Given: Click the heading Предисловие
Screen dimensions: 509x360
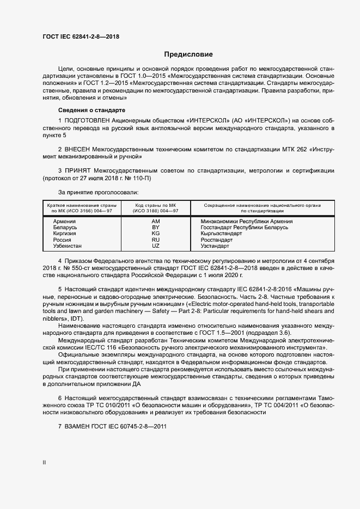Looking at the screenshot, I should click(188, 54).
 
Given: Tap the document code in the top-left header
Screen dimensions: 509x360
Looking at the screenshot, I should click(81, 37).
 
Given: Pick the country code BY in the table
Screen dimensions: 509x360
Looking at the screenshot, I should click(156, 228).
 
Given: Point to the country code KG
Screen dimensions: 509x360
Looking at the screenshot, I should click(156, 234).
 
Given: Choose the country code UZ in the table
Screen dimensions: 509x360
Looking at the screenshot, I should click(156, 246).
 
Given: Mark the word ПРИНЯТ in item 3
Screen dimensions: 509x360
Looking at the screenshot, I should click(79, 170).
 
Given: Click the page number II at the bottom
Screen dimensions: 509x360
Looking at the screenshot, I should click(44, 463).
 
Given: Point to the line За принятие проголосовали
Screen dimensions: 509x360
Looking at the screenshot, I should click(98, 192).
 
